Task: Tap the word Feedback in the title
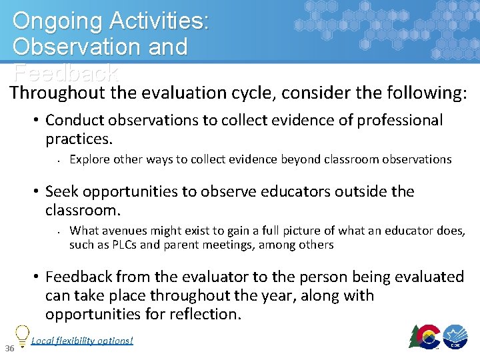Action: (65, 72)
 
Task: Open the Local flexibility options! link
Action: (82, 341)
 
